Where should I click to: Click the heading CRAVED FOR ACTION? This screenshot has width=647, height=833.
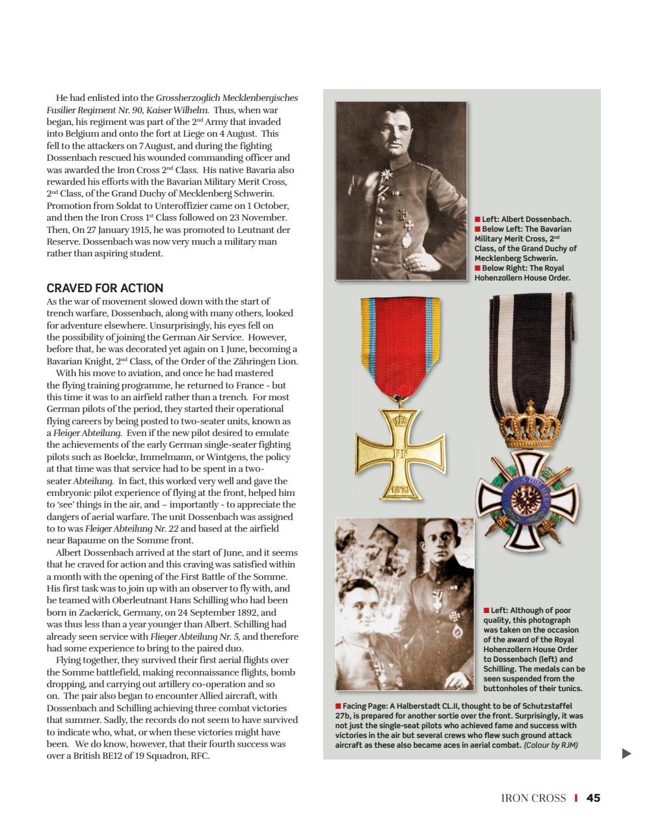click(105, 288)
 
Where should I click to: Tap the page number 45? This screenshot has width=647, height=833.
click(592, 798)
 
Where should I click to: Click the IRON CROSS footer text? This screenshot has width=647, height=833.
click(533, 798)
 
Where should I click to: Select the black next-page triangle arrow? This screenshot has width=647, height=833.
click(626, 754)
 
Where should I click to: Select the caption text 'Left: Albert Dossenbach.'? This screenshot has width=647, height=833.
click(527, 219)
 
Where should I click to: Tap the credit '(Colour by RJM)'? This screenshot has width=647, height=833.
click(551, 745)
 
